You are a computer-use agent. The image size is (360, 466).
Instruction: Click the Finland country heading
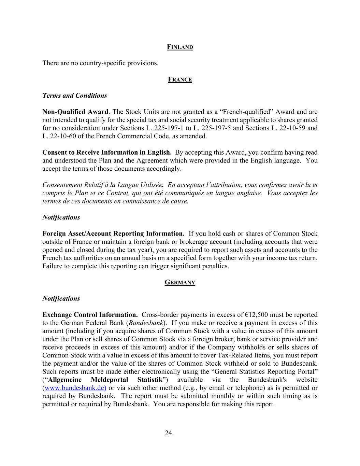tap(180, 47)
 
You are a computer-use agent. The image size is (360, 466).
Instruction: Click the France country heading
tap(180, 80)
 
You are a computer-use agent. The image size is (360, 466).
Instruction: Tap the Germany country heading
tap(180, 282)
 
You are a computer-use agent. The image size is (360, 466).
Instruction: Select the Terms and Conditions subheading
tap(74, 96)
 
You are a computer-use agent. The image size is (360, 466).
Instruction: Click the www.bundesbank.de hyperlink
tap(75, 388)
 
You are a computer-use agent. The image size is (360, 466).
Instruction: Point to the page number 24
tap(169, 433)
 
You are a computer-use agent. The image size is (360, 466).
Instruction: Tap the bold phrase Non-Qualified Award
tap(75, 112)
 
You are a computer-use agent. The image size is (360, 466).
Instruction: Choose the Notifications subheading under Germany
tap(61, 298)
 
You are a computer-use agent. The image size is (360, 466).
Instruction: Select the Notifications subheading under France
tap(61, 217)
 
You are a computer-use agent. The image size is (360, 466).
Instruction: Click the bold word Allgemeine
tap(65, 380)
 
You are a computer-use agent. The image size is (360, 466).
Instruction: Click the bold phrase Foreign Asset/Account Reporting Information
tap(113, 234)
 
